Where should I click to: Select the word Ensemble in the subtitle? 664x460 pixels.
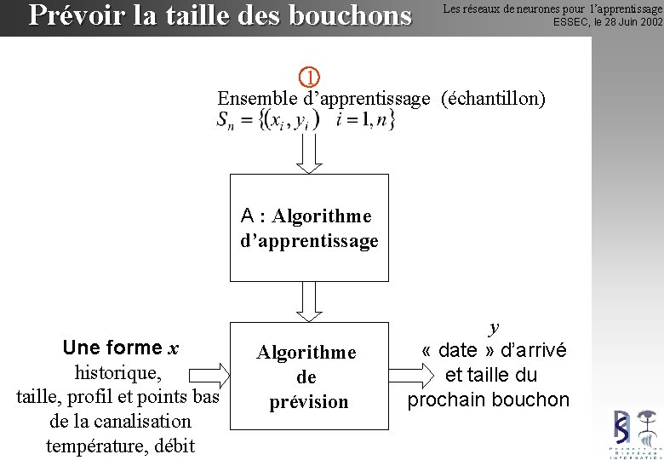point(257,99)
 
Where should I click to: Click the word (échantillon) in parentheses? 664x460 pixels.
point(493,99)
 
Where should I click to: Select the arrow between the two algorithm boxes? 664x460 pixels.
point(308,301)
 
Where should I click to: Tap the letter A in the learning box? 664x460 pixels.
point(248,216)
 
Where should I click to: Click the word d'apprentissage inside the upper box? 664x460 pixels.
point(309,241)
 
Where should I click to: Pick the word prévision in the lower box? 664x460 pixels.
point(309,402)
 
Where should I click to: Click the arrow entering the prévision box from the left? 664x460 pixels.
point(207,375)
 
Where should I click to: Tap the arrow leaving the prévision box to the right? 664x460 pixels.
point(412,375)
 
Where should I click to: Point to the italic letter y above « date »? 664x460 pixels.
point(494,327)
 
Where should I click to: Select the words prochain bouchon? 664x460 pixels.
point(488,400)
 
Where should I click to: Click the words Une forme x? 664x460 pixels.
point(120,348)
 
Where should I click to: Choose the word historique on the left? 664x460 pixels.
point(117,372)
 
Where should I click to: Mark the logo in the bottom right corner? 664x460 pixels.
point(635,433)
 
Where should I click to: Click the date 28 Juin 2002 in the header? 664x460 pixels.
point(622,22)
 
